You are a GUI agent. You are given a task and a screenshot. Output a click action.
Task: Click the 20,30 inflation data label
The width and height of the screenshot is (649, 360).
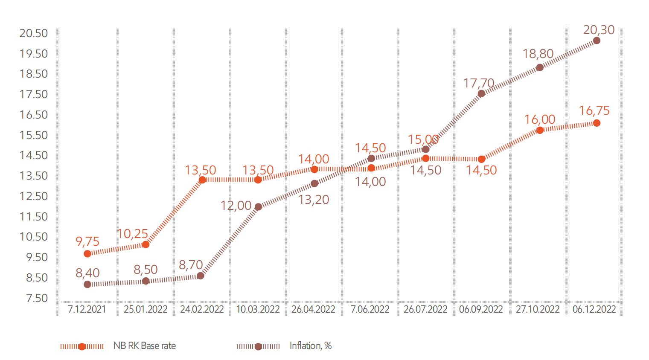(x=599, y=30)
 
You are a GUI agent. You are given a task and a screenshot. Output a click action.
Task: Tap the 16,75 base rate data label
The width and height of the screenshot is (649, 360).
(x=594, y=111)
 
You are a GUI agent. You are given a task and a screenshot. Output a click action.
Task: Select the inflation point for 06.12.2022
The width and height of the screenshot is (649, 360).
(x=597, y=41)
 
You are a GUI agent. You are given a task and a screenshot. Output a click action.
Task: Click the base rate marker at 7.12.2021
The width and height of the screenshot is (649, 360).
(x=87, y=254)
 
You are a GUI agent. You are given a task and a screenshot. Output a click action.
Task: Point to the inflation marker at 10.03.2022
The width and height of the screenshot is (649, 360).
(x=258, y=207)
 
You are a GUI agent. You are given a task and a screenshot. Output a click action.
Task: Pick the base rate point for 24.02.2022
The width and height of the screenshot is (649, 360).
(x=202, y=180)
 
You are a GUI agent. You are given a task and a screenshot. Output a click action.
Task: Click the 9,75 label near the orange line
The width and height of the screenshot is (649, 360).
(x=87, y=241)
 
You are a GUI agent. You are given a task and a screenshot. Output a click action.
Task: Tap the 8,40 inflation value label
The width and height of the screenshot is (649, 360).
(x=87, y=273)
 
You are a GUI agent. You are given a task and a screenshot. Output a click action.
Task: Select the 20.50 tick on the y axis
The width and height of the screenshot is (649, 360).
(x=33, y=33)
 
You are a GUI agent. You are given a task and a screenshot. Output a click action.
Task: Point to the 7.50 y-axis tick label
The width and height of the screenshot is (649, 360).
(x=37, y=298)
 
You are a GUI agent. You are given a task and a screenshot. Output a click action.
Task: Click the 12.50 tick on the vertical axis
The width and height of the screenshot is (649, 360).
(x=33, y=196)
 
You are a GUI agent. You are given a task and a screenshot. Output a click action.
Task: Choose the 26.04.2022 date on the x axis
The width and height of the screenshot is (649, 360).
(x=313, y=310)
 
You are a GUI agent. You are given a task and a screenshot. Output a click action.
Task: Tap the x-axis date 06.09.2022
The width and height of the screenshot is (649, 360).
(x=481, y=310)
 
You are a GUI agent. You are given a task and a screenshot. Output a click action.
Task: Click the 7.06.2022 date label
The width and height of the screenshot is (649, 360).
(x=370, y=310)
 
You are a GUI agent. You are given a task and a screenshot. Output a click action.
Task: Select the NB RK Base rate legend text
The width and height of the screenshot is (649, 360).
(x=145, y=346)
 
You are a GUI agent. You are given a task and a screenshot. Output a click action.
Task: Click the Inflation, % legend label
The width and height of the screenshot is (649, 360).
(x=311, y=346)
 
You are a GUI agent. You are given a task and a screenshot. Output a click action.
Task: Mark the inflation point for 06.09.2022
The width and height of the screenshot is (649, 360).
(x=481, y=93)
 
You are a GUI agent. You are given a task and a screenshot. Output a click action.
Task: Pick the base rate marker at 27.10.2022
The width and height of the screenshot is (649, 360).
(x=540, y=130)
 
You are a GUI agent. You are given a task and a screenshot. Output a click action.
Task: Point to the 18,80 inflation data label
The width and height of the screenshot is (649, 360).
(x=538, y=54)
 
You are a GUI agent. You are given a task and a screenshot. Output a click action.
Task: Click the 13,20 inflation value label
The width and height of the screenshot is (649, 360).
(x=314, y=200)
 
